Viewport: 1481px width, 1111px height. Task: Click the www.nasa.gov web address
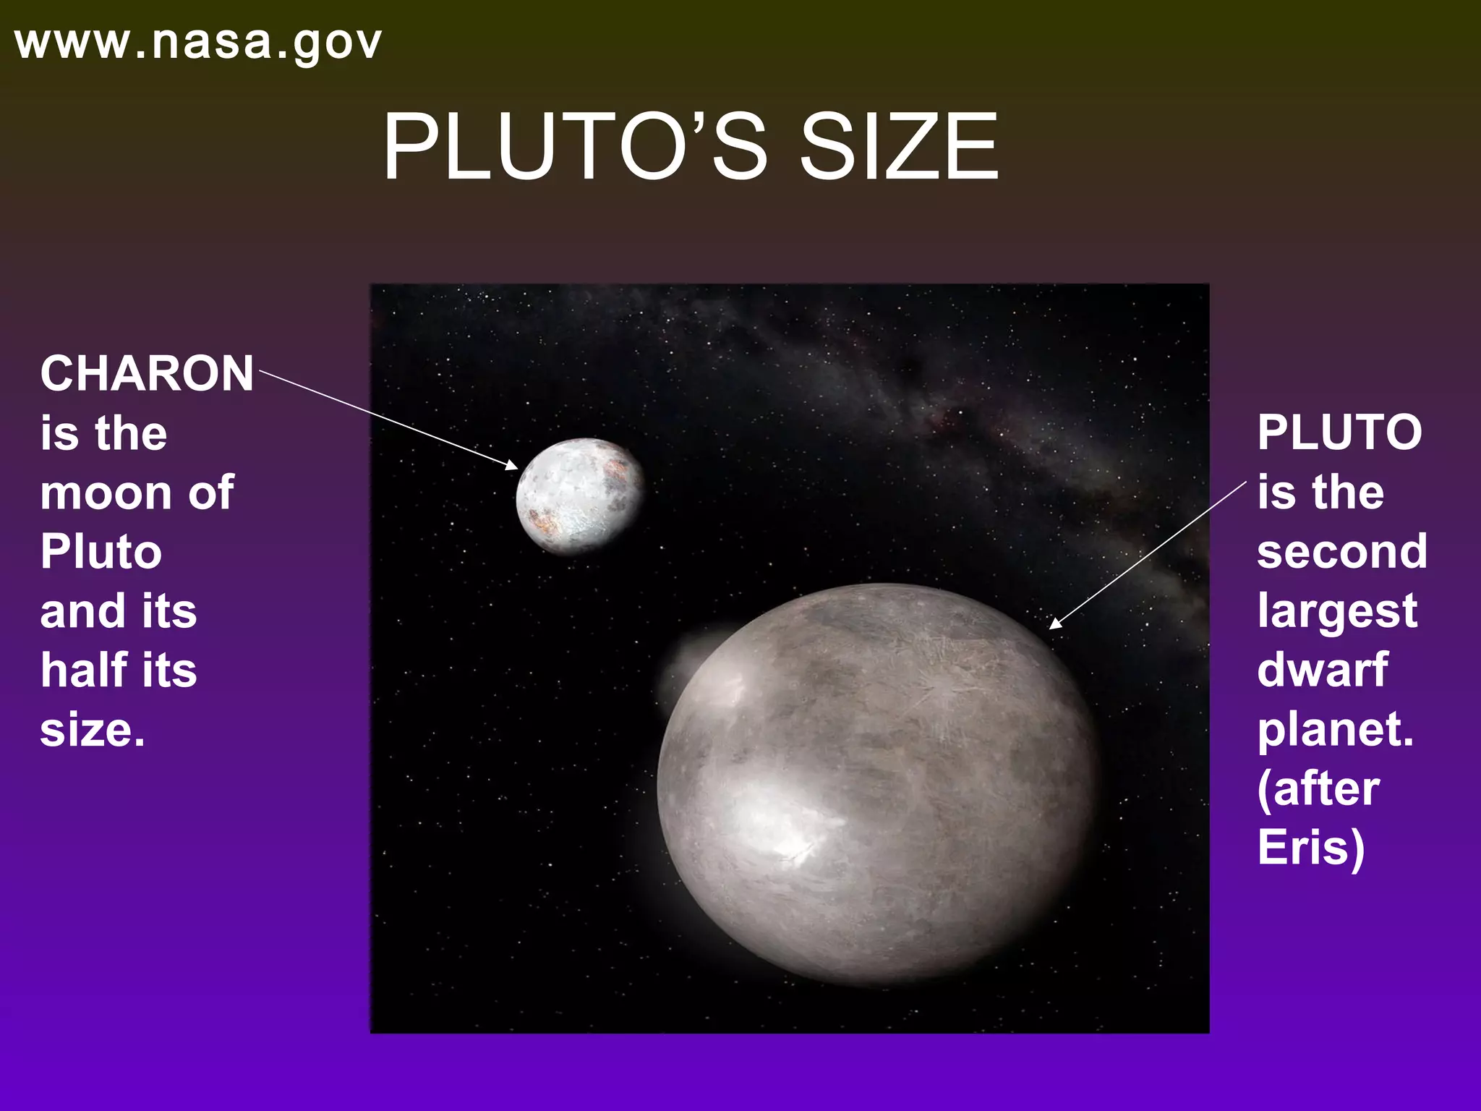[x=197, y=43]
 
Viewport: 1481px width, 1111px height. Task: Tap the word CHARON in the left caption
[x=147, y=374]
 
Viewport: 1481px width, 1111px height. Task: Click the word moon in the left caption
[x=106, y=493]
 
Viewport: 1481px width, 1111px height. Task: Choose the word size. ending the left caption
[x=93, y=731]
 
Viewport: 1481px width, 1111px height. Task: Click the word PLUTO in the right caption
[x=1339, y=433]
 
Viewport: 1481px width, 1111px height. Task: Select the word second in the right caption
[x=1341, y=552]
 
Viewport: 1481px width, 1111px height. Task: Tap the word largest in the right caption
[x=1337, y=612]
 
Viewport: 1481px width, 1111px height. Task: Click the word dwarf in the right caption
[x=1323, y=670]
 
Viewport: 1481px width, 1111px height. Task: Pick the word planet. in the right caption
[x=1335, y=731]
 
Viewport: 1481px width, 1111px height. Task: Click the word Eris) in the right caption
[x=1310, y=848]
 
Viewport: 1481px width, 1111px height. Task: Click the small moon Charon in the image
[x=579, y=496]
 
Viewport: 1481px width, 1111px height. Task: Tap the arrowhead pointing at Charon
[x=513, y=465]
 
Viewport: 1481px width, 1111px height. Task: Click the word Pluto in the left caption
[x=101, y=553]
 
